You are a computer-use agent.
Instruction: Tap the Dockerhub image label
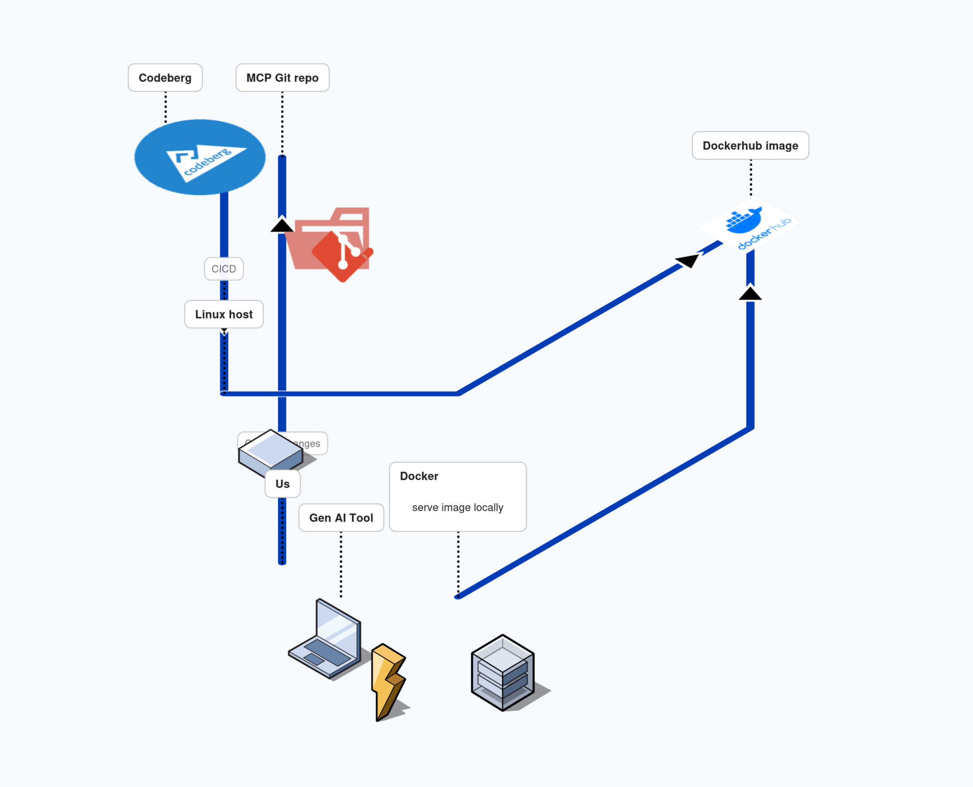point(750,146)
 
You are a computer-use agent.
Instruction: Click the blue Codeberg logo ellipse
point(200,157)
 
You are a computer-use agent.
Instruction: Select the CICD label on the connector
point(224,269)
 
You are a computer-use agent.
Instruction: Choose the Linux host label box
point(224,314)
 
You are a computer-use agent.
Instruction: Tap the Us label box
point(282,484)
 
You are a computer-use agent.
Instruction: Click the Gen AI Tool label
point(341,518)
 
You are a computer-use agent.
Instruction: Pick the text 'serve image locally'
point(458,507)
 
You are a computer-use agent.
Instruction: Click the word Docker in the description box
point(419,476)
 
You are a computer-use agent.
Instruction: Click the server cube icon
point(503,672)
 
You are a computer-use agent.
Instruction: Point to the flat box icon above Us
point(270,452)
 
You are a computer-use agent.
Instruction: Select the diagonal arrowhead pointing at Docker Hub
point(688,261)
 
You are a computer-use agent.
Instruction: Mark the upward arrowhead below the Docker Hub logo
point(750,293)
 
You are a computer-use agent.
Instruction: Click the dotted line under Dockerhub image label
point(751,178)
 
